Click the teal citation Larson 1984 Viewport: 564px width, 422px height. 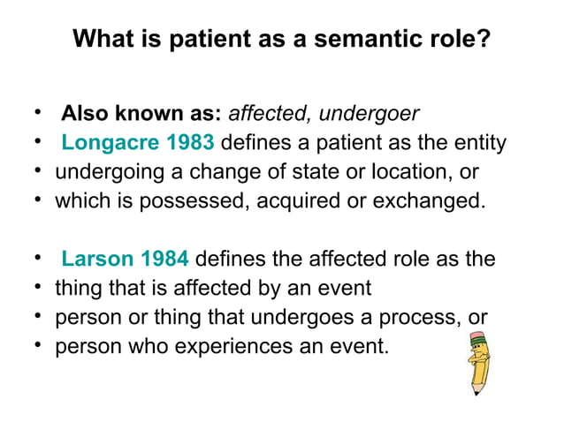[x=125, y=259]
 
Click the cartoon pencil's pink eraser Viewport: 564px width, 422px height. [x=478, y=337]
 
